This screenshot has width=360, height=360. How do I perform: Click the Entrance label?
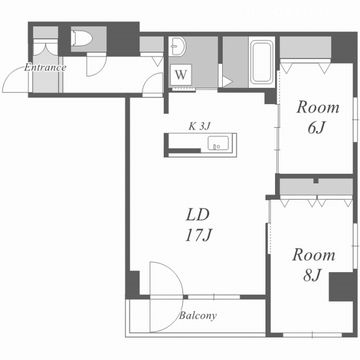point(45,67)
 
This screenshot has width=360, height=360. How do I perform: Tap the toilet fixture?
point(82,38)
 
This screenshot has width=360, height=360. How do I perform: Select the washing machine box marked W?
point(181,75)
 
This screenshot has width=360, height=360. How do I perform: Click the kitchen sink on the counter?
point(218,143)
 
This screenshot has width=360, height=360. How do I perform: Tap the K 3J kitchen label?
point(199,126)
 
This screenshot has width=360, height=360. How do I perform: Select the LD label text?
point(197,215)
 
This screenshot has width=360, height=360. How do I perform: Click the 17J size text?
point(199,235)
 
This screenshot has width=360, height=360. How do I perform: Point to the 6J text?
point(317,128)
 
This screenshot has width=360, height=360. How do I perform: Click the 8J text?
point(312,275)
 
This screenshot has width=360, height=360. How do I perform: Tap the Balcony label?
point(197,316)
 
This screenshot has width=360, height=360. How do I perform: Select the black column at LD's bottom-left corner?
point(133,282)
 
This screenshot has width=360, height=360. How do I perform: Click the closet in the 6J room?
point(305,47)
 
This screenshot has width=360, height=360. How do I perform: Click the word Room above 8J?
point(314,255)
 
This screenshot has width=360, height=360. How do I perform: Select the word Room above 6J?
point(318,107)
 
